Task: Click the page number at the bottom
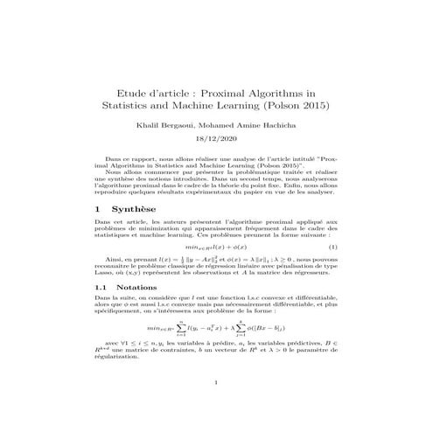click(x=215, y=407)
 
